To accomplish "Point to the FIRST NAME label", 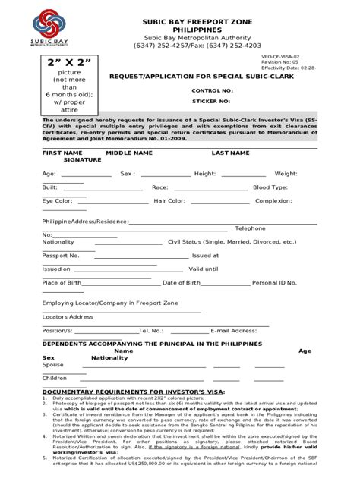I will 62,153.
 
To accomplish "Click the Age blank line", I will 75,174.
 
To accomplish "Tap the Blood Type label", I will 270,187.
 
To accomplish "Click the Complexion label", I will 273,201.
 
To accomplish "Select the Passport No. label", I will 61,256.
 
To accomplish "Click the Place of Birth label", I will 62,282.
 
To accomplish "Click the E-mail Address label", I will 233,330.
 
